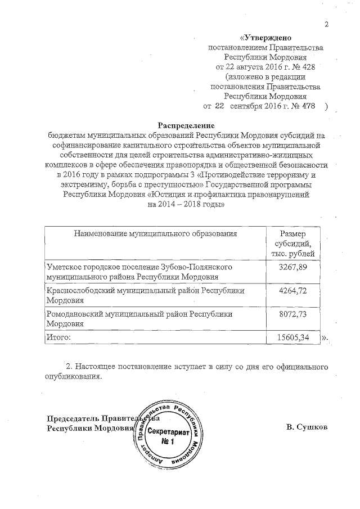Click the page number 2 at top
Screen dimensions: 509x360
click(x=326, y=24)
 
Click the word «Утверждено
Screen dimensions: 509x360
click(x=265, y=38)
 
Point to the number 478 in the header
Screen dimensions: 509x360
click(x=300, y=106)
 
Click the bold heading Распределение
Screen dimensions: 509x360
click(x=186, y=125)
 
